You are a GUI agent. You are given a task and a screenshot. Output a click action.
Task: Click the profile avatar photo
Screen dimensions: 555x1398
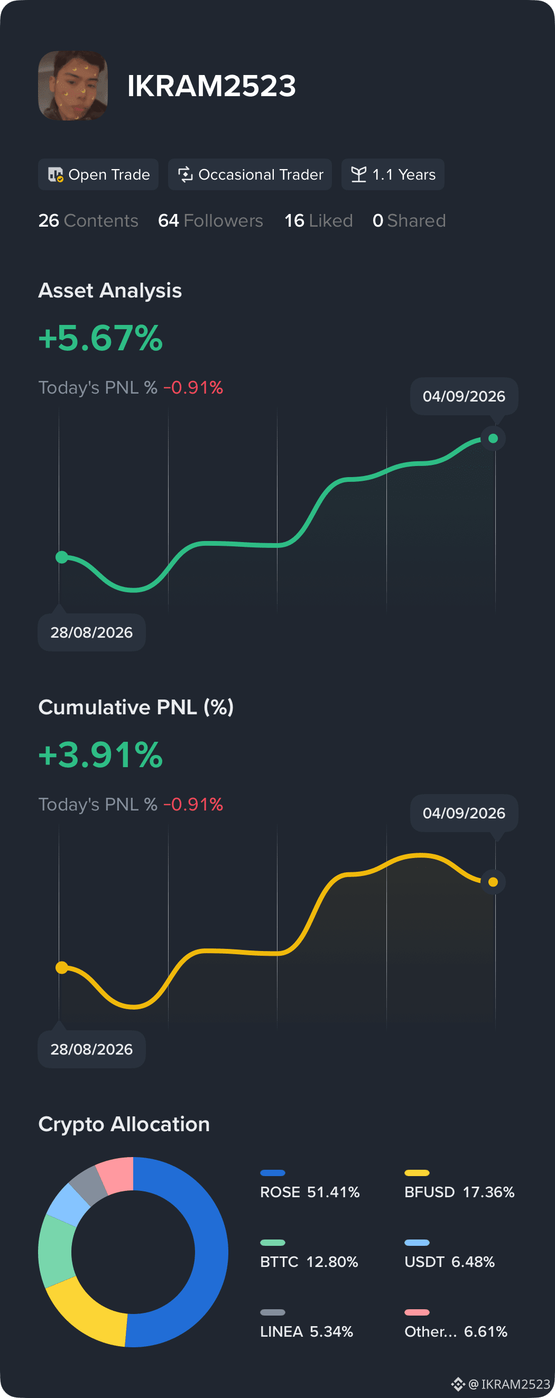(73, 86)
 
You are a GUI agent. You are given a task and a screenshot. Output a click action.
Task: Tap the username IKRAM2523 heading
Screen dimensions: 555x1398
(211, 86)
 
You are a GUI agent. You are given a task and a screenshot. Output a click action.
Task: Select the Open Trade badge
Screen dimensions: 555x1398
(98, 174)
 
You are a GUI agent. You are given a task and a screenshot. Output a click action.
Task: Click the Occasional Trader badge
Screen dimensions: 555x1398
(250, 174)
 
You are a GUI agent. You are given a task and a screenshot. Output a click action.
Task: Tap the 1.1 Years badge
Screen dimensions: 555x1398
(393, 174)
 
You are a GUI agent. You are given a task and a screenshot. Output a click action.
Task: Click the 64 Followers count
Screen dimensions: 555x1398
(210, 220)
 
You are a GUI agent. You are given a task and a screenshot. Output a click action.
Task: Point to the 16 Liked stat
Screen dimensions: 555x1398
(318, 220)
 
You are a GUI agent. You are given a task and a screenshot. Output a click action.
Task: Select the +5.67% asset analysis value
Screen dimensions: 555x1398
(100, 338)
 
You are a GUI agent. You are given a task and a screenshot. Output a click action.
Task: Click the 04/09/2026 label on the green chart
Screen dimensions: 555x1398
(464, 396)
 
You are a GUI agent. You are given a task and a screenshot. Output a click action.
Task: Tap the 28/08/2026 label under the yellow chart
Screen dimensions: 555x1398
(92, 1049)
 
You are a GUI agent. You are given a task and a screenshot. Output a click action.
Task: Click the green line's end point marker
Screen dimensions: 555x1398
(493, 439)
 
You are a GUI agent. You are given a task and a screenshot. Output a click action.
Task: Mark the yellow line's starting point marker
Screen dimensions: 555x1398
(62, 967)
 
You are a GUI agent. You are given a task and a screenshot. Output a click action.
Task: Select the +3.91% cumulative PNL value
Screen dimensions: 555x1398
(100, 755)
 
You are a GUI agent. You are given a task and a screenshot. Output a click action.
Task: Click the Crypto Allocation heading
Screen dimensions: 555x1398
(124, 1124)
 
